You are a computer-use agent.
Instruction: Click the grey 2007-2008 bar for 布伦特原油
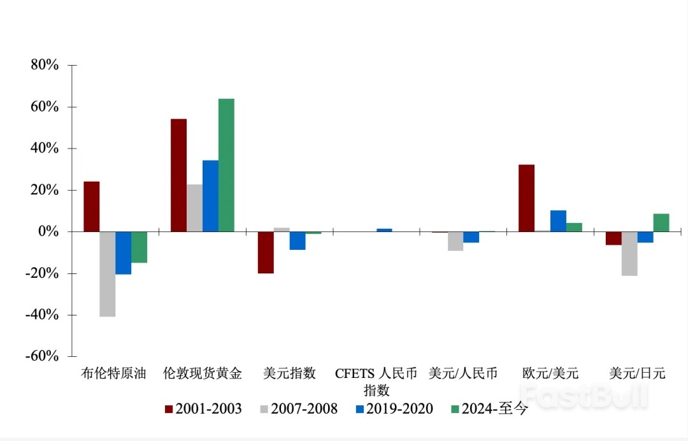click(x=108, y=274)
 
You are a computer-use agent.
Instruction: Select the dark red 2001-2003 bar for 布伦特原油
click(x=92, y=206)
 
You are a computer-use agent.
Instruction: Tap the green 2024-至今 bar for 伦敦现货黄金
click(x=226, y=165)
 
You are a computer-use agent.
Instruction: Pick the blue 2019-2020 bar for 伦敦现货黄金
click(x=210, y=196)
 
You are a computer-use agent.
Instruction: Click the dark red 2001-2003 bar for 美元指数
click(x=266, y=252)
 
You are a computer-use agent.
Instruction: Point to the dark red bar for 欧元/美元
click(x=526, y=198)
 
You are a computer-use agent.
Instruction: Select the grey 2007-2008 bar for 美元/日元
click(x=629, y=254)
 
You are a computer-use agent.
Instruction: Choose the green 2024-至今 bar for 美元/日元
click(x=661, y=222)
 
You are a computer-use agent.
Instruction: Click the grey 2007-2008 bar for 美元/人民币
click(x=455, y=241)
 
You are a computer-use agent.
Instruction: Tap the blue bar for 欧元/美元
click(x=558, y=220)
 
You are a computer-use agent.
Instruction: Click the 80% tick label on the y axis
click(x=45, y=66)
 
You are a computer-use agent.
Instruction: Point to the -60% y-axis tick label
click(x=42, y=356)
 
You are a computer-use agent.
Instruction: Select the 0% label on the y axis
click(x=48, y=232)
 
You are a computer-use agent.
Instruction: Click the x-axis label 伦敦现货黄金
click(x=203, y=373)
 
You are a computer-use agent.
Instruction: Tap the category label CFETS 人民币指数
click(x=376, y=381)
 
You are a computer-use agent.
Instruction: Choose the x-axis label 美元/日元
click(x=637, y=373)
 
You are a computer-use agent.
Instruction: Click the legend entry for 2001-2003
click(x=203, y=409)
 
